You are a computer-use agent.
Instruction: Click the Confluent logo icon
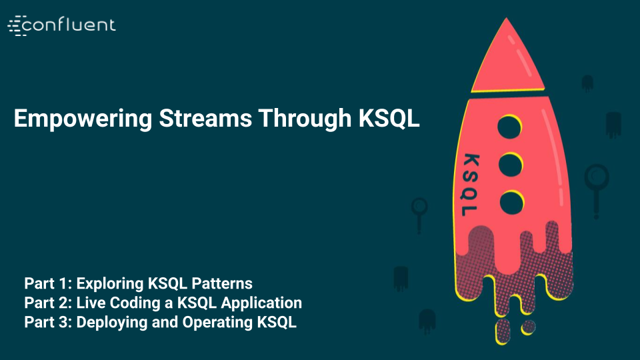click(x=16, y=25)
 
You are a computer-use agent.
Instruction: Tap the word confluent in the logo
click(x=71, y=25)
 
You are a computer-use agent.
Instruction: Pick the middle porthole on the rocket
click(x=510, y=163)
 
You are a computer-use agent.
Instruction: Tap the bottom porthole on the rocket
click(x=510, y=201)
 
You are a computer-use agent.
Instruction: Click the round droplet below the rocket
click(x=529, y=327)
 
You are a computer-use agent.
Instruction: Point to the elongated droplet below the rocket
click(x=505, y=331)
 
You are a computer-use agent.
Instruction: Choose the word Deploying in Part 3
click(x=109, y=323)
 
